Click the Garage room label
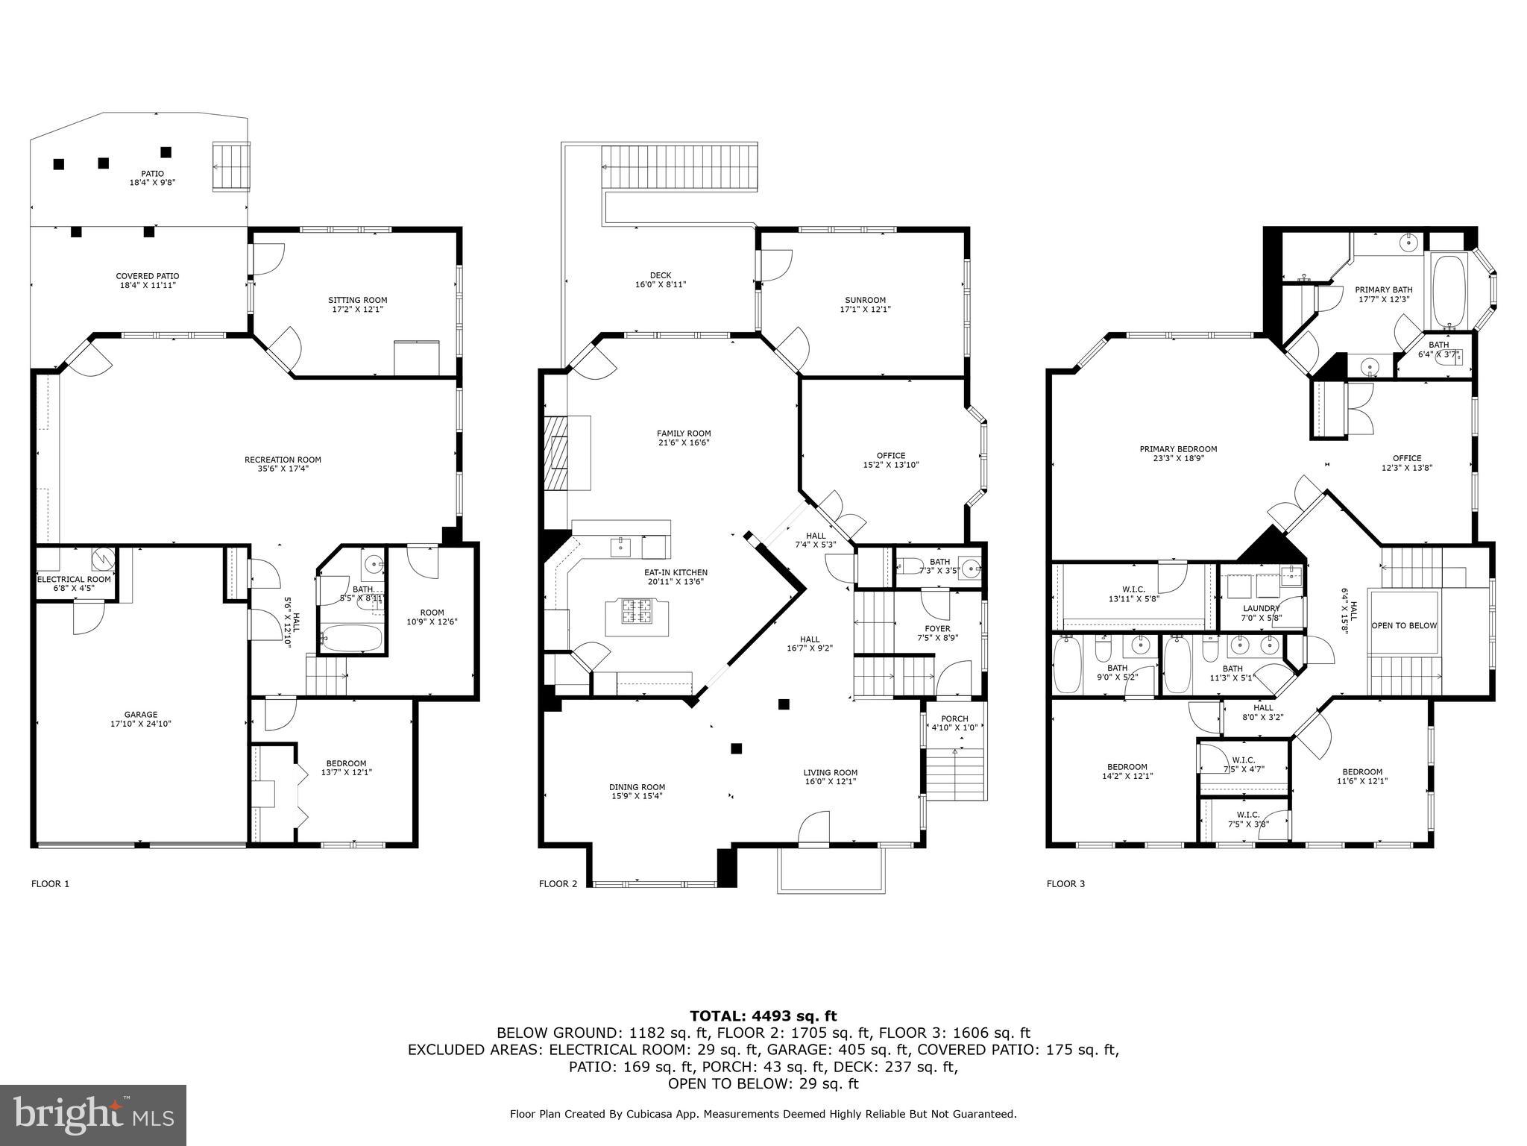click(x=141, y=714)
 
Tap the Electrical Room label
click(x=74, y=579)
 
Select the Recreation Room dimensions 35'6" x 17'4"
click(x=283, y=469)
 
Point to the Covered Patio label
click(x=147, y=276)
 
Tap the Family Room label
click(x=683, y=433)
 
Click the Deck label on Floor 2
click(x=660, y=275)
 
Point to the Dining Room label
click(x=636, y=787)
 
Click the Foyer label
click(x=937, y=628)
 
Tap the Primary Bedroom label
click(x=1177, y=449)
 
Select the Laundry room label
click(x=1261, y=608)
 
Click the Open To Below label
click(x=1403, y=625)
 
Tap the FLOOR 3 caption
click(x=1065, y=884)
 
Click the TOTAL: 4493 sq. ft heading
click(x=763, y=1015)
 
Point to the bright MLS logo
click(x=92, y=1115)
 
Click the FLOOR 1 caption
click(x=50, y=884)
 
